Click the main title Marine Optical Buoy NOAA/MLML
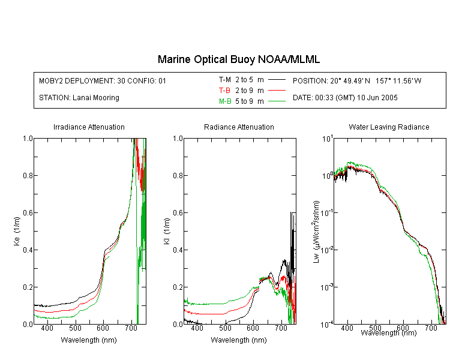(x=238, y=59)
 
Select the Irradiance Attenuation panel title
(x=89, y=127)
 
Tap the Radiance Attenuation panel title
(x=239, y=127)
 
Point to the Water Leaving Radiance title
(x=389, y=127)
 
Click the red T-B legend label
(x=224, y=91)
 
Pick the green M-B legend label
(x=225, y=101)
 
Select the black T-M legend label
(x=225, y=80)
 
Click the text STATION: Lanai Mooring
(x=79, y=98)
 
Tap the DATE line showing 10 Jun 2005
(x=345, y=98)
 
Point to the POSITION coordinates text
(x=357, y=80)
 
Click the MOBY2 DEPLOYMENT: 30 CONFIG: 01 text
(x=103, y=80)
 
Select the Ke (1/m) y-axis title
(x=17, y=232)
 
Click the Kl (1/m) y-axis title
(x=167, y=232)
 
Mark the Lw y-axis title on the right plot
(x=316, y=232)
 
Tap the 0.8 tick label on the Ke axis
(x=28, y=175)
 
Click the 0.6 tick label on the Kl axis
(x=178, y=213)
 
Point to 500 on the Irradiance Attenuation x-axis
(x=75, y=328)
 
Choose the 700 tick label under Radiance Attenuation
(x=281, y=328)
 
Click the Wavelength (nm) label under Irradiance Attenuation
(x=89, y=340)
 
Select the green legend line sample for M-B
(x=277, y=101)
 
